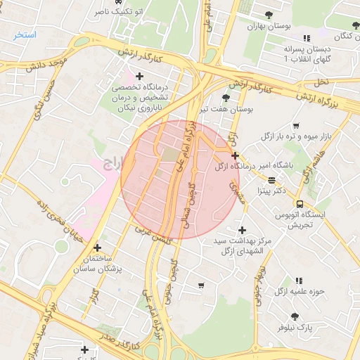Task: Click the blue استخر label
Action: point(25,34)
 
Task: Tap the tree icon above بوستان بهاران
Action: point(269,15)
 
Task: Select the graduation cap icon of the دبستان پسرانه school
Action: point(306,38)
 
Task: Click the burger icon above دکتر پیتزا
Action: point(271,179)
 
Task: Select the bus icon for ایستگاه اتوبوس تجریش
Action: point(300,203)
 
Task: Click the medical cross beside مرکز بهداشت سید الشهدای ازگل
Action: point(242,230)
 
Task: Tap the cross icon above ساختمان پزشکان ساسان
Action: point(97,247)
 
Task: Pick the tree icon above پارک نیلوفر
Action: point(294,316)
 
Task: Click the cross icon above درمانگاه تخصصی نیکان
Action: point(139,76)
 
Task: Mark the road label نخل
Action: point(321,82)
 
